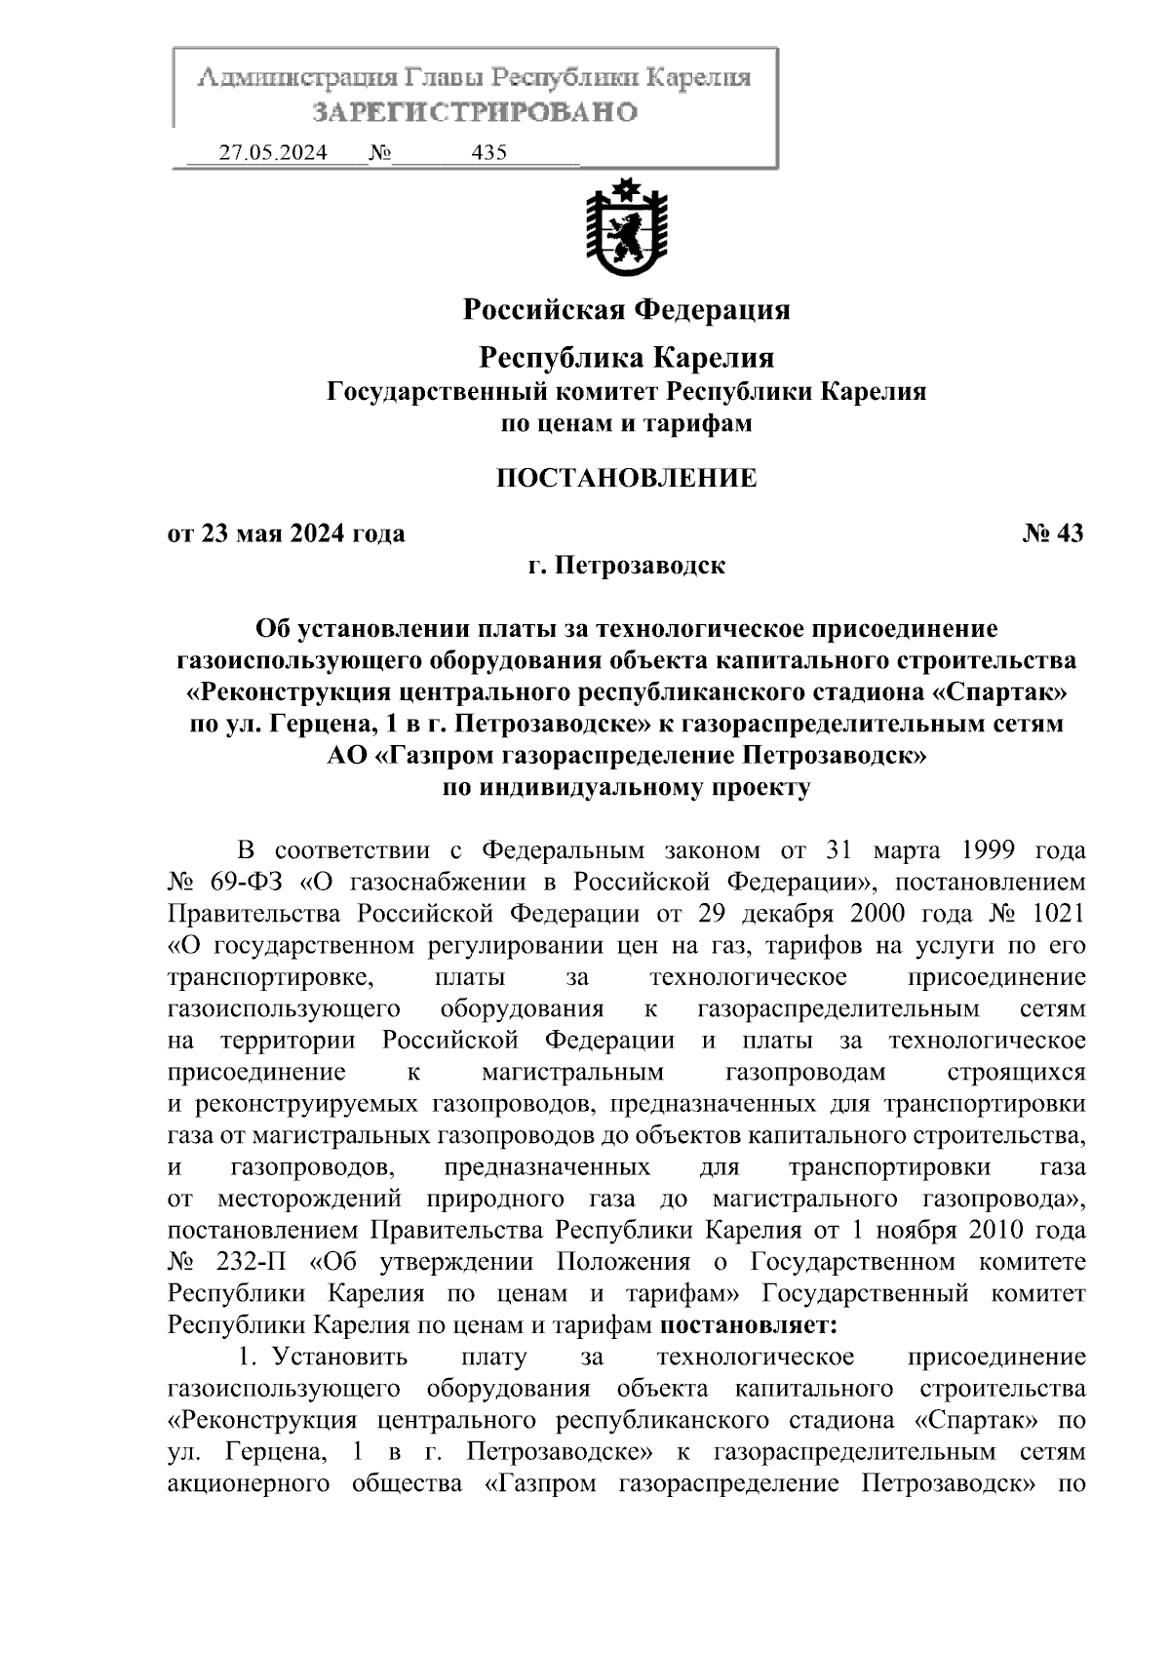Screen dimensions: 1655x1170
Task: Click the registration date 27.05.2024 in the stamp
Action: coord(272,153)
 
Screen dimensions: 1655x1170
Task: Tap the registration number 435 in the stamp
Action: coord(488,153)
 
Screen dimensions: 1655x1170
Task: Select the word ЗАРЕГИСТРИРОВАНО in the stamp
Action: coord(474,111)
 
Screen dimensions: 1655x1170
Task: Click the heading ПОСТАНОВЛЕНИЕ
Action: coord(626,478)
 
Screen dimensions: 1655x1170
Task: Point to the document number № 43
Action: coord(1053,533)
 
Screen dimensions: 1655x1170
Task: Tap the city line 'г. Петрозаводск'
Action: coord(626,566)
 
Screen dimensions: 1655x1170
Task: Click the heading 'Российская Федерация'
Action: coord(626,310)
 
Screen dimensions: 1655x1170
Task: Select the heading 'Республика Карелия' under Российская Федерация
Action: coord(626,358)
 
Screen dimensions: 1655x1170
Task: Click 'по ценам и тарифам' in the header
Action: coord(626,424)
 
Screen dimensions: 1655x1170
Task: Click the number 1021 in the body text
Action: coord(1055,914)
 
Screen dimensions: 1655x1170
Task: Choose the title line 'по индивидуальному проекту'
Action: coord(626,788)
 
